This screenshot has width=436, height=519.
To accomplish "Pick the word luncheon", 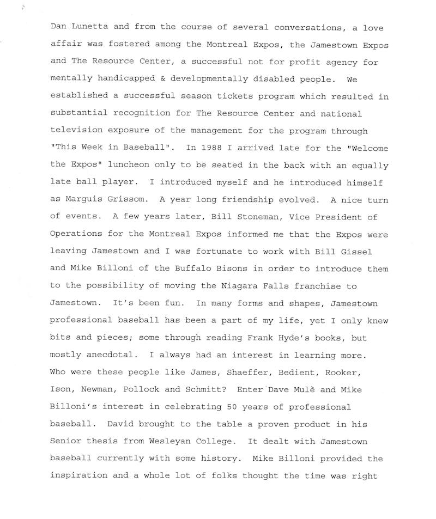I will point(132,166).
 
